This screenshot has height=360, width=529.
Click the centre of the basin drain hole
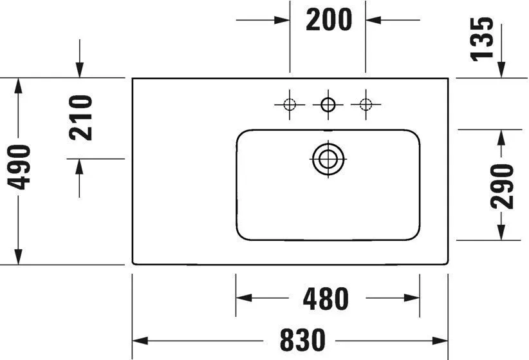click(x=328, y=158)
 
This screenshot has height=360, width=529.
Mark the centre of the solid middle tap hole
click(x=328, y=104)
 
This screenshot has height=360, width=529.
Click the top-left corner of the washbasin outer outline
click(x=133, y=79)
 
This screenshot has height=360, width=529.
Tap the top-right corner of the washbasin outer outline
click(x=448, y=79)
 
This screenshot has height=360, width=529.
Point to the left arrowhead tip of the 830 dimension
click(x=133, y=341)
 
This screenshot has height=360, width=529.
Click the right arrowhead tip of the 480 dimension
click(x=420, y=298)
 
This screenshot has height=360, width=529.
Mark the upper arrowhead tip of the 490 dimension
click(x=18, y=79)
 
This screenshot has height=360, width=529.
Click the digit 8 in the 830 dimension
click(x=287, y=340)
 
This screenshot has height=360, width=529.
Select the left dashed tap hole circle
click(x=290, y=104)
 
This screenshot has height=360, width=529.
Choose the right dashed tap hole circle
click(x=366, y=104)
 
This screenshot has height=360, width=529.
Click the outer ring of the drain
click(x=328, y=158)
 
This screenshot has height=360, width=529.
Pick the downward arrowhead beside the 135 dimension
click(x=501, y=70)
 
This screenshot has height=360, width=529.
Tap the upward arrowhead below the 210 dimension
click(x=79, y=167)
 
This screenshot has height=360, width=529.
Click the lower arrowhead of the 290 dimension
click(x=501, y=232)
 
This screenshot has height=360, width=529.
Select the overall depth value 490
click(x=19, y=167)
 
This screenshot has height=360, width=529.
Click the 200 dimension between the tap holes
click(x=329, y=20)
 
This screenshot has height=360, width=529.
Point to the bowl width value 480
click(x=326, y=299)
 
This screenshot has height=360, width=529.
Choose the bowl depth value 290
click(x=502, y=187)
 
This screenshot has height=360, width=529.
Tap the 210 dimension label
click(x=80, y=117)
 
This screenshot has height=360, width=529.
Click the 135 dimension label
click(x=482, y=39)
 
